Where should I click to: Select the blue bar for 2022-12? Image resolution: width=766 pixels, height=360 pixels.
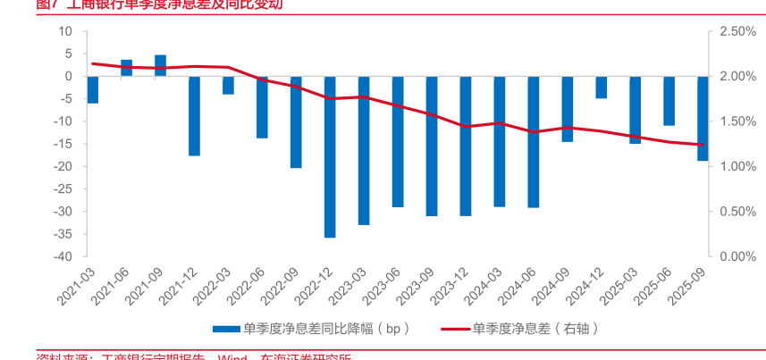coord(330,156)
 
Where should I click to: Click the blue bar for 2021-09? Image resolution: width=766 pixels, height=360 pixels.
coord(161,65)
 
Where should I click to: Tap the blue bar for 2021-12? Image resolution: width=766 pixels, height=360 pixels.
coord(194,115)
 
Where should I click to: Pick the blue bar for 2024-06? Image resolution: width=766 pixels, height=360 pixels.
coord(534,141)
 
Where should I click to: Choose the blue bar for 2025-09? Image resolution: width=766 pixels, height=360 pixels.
coord(703,118)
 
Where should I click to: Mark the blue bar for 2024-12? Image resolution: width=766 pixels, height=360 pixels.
coord(602,87)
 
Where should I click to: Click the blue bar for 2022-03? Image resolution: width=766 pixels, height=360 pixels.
coord(228,85)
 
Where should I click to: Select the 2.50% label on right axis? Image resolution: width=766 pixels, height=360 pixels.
coord(737,31)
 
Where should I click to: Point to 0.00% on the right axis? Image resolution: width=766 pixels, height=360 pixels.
coord(737,256)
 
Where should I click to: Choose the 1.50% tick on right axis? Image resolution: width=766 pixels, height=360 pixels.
coord(737,121)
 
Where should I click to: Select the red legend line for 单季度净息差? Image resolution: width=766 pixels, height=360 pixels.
coord(455,328)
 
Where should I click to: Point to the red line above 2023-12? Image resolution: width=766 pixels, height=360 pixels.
coord(466,126)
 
